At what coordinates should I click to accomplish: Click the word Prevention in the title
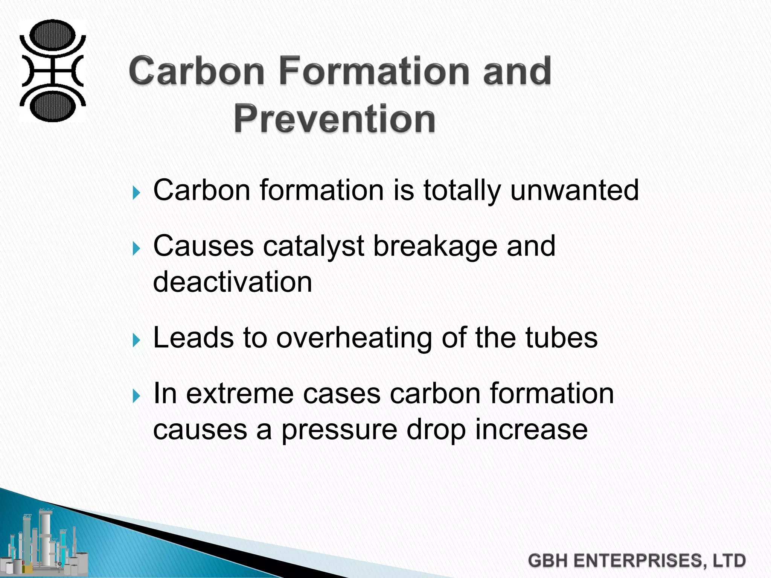[334, 119]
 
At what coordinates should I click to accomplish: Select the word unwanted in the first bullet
[574, 190]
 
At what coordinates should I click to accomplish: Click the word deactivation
[233, 282]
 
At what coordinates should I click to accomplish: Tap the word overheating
[354, 338]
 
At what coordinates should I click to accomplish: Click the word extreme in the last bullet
[240, 394]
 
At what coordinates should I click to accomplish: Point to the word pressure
[339, 430]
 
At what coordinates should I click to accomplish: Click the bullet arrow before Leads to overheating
[137, 340]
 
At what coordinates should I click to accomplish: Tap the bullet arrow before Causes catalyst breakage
[137, 249]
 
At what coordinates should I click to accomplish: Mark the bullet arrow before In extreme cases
[137, 396]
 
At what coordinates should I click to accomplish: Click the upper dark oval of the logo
[53, 36]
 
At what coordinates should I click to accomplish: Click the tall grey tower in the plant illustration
[44, 534]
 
